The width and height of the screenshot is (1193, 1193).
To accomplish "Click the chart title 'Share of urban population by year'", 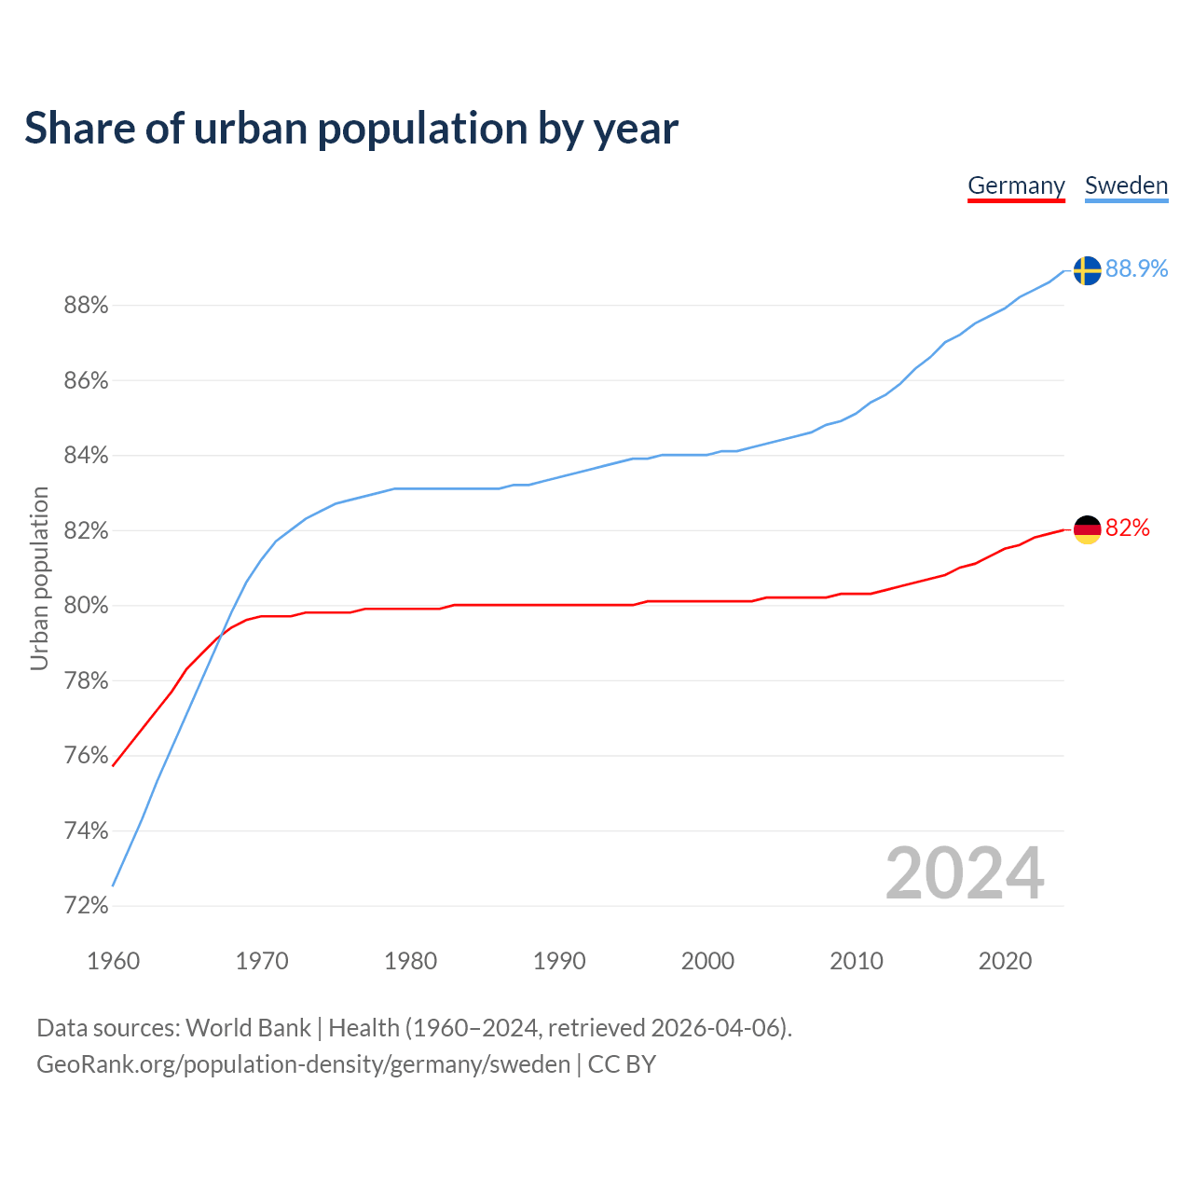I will point(351,129).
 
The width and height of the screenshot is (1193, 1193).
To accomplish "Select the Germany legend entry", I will point(1016,185).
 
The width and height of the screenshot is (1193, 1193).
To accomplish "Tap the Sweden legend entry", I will point(1126,185).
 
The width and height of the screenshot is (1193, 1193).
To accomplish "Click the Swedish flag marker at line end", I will point(1087,270).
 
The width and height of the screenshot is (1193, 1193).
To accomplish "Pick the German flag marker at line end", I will point(1087,529).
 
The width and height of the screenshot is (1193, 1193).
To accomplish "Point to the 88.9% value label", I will point(1136,269).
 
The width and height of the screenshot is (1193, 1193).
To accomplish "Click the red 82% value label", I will point(1127,528).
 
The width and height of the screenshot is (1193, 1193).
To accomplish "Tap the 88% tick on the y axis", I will point(86,306).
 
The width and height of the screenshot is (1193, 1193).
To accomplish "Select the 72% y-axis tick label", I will point(86,906).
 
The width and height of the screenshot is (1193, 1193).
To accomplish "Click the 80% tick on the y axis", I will point(86,606).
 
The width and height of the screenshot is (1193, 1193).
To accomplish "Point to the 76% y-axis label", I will point(86,756).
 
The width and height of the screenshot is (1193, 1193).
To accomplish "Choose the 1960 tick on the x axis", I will point(113,961).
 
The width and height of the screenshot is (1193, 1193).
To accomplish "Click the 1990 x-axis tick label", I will point(559,961).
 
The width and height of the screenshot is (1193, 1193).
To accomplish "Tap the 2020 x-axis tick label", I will point(1005,961).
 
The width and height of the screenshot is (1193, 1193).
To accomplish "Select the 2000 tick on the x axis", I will point(707,961).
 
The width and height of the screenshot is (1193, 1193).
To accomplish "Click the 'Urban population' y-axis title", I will point(39,578).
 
